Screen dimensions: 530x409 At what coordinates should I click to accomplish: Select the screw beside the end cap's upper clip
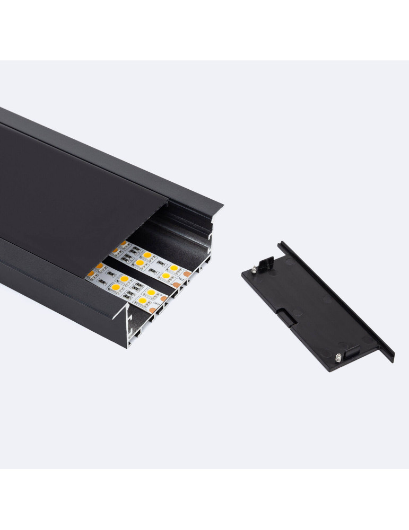254,269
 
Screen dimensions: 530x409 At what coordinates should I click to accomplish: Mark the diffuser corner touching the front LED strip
87,276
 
